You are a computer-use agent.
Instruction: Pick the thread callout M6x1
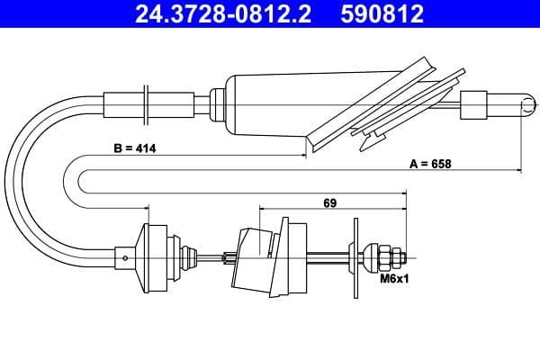393,279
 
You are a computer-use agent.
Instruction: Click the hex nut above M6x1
391,257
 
